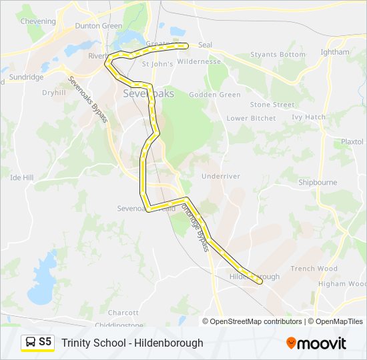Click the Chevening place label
[x=38, y=21]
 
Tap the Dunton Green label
[x=98, y=26]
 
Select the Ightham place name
[x=335, y=52]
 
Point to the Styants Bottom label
[x=278, y=55]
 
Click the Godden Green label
[x=215, y=95]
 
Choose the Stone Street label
[x=272, y=105]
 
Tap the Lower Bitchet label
[x=251, y=118]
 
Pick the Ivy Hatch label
[x=309, y=117]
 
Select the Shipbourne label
[x=318, y=182]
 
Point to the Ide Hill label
[x=22, y=178]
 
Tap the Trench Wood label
[x=314, y=269]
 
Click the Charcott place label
[x=123, y=312]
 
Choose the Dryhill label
[x=53, y=93]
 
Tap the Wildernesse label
[x=200, y=61]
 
